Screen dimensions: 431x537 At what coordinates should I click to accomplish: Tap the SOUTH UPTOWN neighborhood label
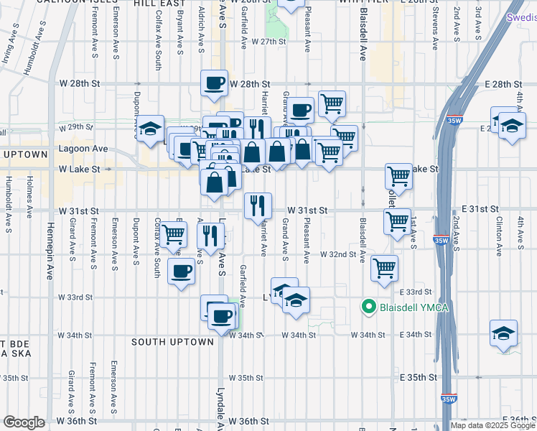(172, 342)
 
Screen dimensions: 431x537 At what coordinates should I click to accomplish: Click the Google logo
(23, 422)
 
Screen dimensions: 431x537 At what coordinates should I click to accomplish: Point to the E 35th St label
(418, 377)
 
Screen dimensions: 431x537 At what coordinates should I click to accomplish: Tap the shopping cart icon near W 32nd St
(385, 269)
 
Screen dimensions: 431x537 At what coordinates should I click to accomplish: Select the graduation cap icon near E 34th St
(504, 333)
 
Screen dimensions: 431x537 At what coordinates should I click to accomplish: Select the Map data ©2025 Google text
(492, 425)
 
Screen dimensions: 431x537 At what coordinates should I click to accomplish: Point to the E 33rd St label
(416, 292)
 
